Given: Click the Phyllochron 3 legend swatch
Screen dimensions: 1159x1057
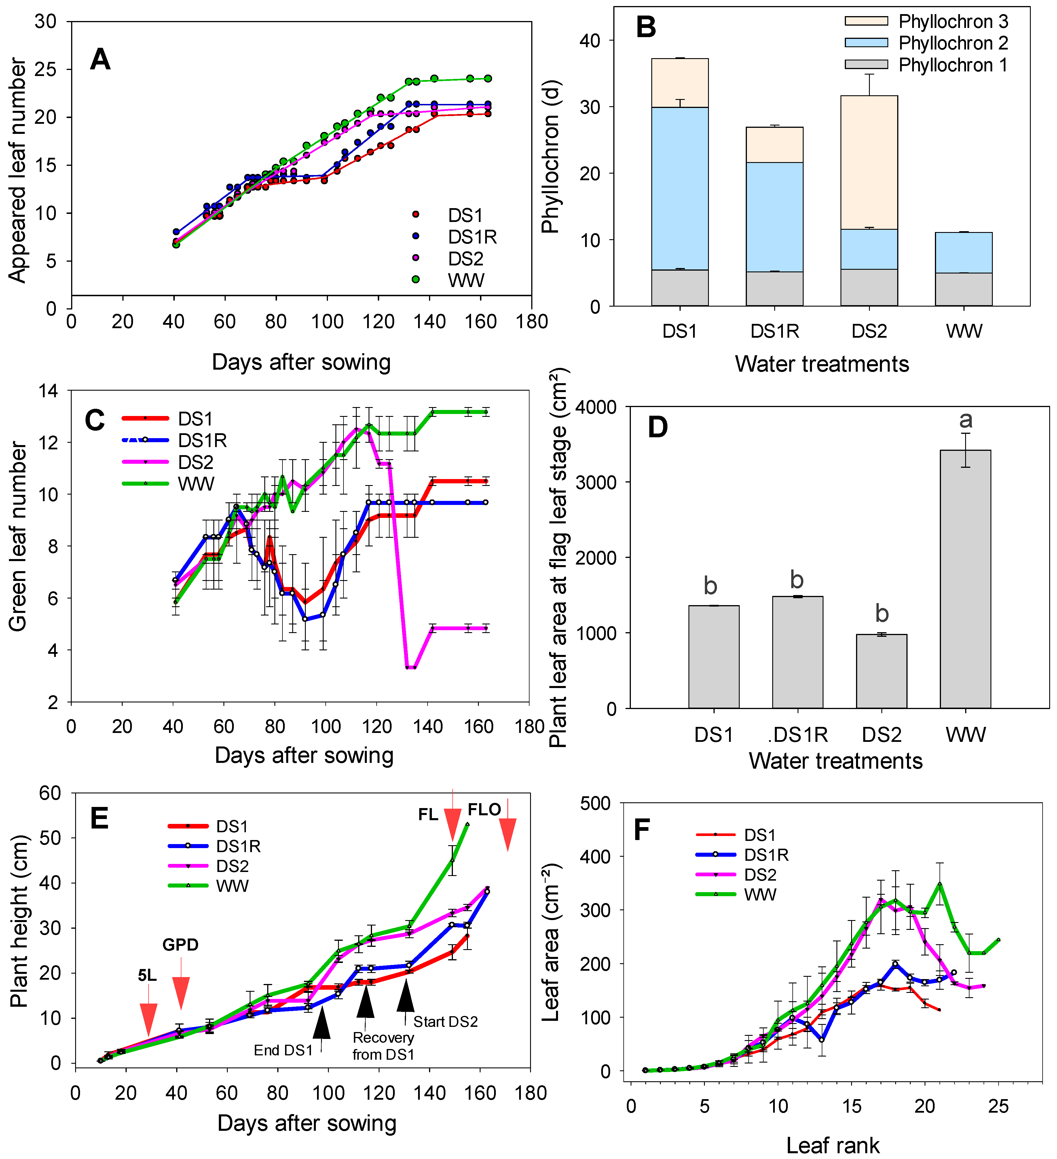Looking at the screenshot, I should (866, 21).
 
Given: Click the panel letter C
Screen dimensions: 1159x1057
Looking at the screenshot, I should (95, 421).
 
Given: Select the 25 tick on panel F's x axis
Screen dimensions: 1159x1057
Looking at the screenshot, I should (998, 1106).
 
